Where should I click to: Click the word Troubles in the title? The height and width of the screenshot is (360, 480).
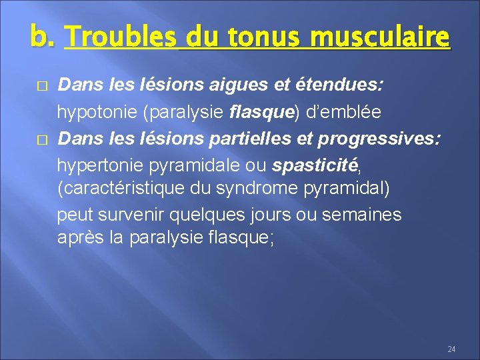[x=121, y=35]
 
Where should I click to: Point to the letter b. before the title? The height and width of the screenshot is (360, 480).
[x=42, y=35]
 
